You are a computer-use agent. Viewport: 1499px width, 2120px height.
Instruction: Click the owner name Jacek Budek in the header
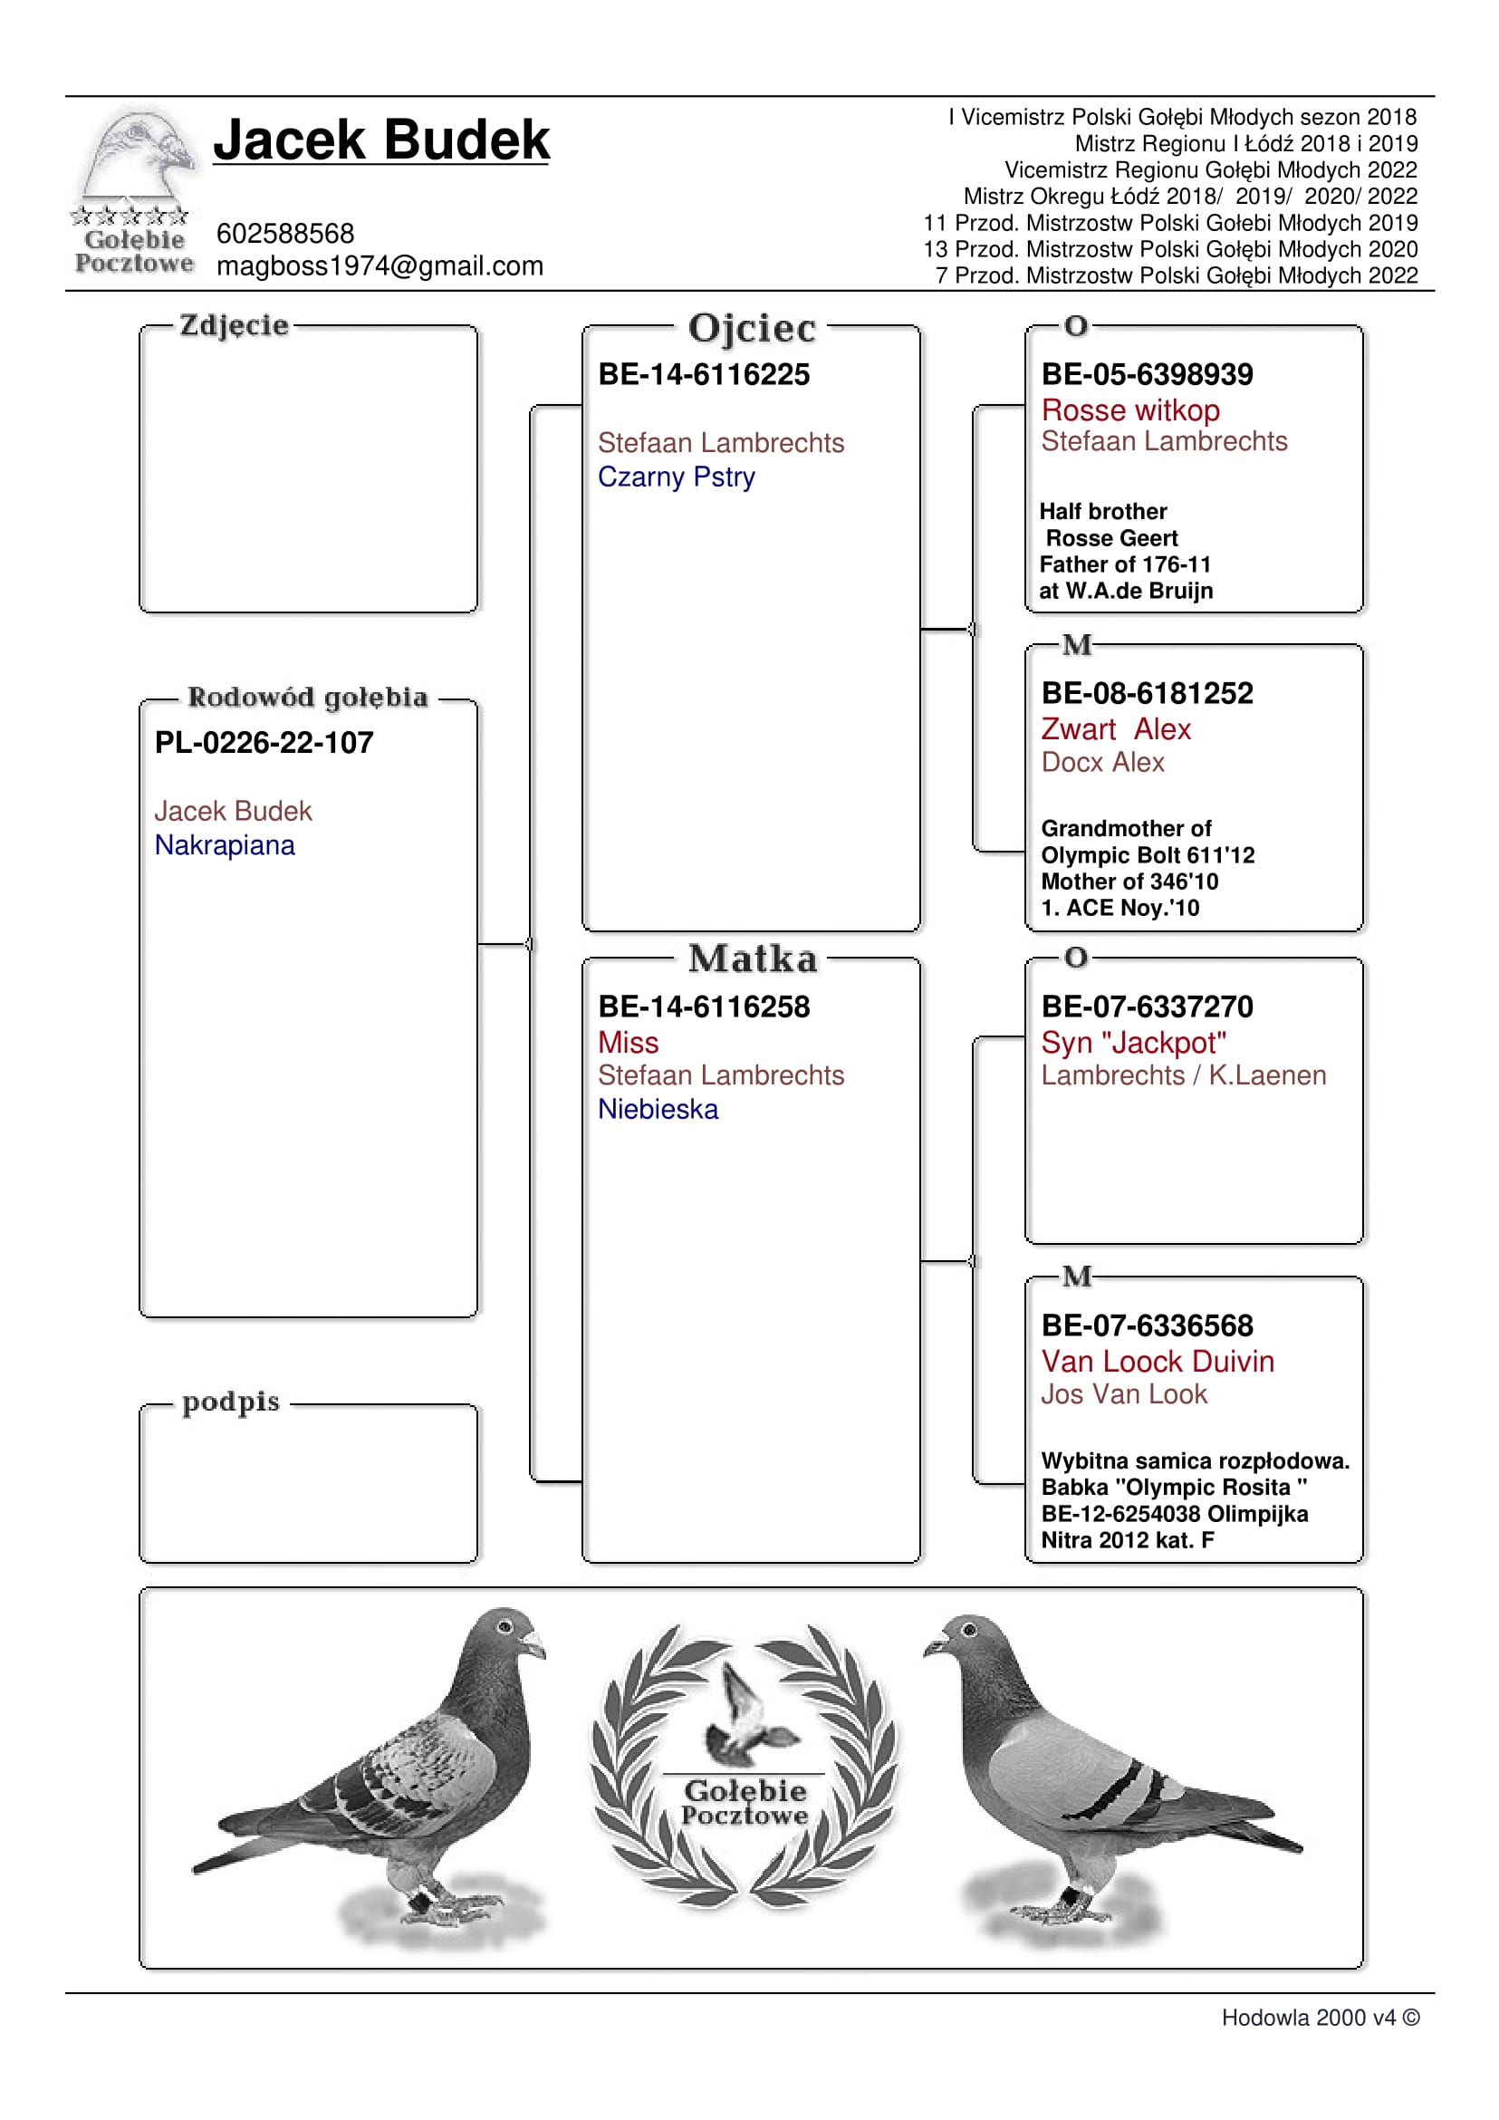381,140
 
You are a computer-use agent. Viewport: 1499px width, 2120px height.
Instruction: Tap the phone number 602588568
285,234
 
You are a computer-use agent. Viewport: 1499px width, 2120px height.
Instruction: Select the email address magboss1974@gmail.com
380,266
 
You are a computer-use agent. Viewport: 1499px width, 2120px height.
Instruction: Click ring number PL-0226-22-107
264,742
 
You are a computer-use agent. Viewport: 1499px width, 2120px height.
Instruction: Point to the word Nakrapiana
225,845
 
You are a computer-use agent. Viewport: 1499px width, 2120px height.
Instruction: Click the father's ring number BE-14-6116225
704,374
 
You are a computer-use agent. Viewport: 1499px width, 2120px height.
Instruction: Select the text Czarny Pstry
676,477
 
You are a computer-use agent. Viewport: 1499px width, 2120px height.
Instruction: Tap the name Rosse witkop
1129,410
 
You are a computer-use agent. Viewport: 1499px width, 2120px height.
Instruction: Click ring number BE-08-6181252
1147,692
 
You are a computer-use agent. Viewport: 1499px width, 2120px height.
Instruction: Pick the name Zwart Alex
1115,729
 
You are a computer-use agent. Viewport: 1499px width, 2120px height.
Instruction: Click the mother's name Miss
628,1043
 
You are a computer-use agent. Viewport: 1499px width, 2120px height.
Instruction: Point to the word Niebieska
658,1109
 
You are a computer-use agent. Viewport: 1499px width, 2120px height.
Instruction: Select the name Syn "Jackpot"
1132,1043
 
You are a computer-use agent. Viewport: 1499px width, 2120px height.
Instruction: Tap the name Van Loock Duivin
1157,1361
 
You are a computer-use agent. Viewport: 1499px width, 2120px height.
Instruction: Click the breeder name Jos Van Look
1123,1394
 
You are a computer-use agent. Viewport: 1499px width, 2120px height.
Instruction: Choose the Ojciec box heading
752,329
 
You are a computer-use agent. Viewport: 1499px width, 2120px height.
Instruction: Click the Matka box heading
753,959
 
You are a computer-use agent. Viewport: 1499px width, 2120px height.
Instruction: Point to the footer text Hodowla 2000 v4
1308,2018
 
